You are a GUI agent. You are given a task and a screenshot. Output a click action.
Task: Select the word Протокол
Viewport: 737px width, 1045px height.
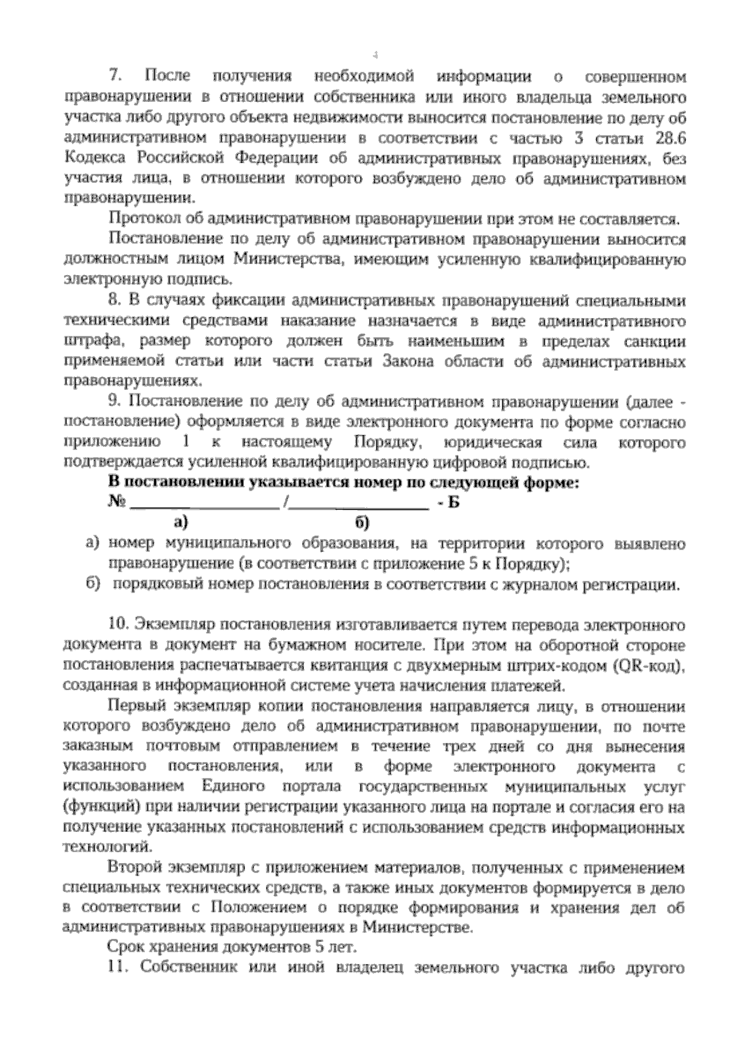[138, 219]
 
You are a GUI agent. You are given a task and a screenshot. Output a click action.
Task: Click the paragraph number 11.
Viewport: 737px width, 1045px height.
[115, 966]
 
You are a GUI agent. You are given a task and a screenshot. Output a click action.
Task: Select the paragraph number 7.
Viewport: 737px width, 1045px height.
[115, 77]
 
